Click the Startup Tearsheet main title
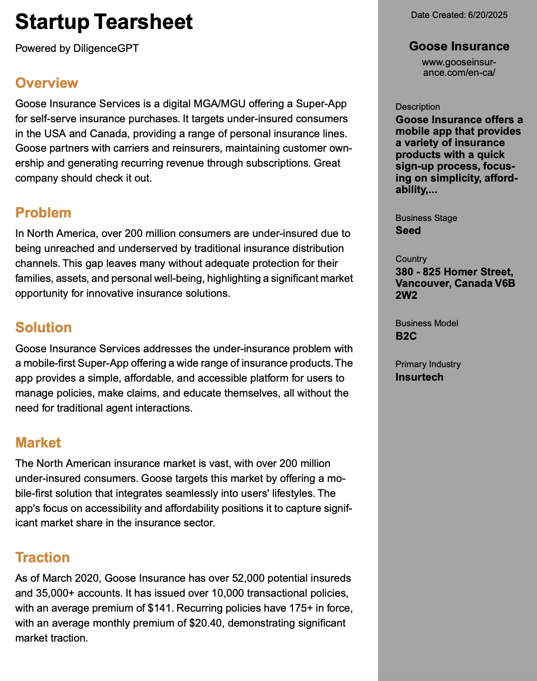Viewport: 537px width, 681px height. coord(104,22)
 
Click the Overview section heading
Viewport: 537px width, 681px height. coord(47,83)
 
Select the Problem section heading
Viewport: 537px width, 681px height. coord(43,213)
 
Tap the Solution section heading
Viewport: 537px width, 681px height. coord(44,327)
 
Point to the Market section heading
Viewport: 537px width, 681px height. coord(38,443)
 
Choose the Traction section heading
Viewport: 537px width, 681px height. coord(42,557)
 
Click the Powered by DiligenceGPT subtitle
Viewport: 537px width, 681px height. coord(77,48)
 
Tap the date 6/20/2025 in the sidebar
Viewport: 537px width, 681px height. coord(488,15)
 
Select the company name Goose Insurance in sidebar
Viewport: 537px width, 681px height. coord(459,46)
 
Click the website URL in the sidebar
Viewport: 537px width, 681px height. coord(459,67)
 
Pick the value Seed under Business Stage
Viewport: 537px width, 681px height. coord(408,230)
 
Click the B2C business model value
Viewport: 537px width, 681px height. coord(406,336)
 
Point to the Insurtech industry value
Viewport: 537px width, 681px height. coord(419,377)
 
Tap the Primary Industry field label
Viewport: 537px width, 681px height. coord(428,364)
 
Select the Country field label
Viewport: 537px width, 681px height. coord(411,259)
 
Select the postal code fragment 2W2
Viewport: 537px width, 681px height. coord(406,295)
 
